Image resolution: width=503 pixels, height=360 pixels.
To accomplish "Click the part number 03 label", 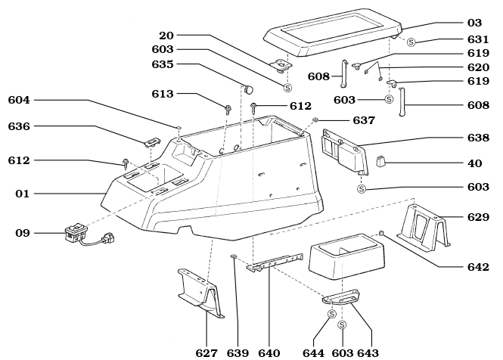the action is (474, 23).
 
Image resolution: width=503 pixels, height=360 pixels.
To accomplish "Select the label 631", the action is (478, 39).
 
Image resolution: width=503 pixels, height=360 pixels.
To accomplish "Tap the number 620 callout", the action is (478, 67).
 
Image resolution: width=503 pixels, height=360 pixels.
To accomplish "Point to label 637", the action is (364, 120).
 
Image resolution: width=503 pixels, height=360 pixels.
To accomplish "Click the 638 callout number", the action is (478, 138).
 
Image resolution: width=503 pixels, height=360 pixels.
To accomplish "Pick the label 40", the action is (475, 163).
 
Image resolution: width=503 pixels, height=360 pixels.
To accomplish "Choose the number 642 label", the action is (478, 267).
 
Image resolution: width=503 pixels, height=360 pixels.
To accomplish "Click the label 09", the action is (23, 233).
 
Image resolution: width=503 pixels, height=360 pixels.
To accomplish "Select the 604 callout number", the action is (19, 100).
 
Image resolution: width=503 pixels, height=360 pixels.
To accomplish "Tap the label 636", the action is (19, 126).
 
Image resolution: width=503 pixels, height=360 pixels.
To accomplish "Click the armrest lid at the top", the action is (333, 33).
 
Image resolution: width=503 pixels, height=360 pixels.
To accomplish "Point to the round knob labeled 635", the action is (248, 88).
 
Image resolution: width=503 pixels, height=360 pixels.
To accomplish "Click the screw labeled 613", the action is (228, 110).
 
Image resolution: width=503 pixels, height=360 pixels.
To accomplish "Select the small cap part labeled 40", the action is (380, 161).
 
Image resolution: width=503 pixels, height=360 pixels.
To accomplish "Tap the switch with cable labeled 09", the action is (89, 235).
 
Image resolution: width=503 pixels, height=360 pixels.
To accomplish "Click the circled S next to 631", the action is (411, 42).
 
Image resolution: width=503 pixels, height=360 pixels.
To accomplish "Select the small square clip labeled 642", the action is (381, 233).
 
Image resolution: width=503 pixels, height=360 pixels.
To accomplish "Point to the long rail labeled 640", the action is (275, 262).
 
